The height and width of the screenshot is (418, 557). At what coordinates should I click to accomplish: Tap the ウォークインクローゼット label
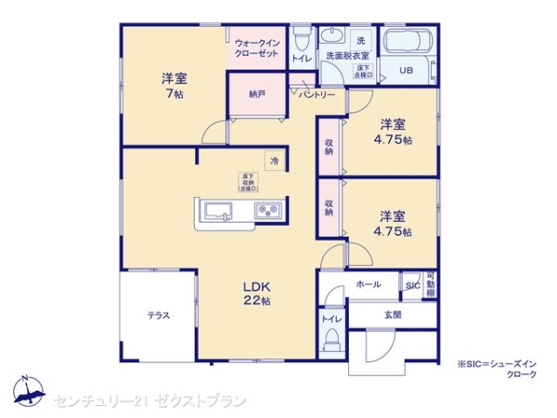256,47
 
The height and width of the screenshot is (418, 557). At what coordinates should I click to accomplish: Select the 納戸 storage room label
255,94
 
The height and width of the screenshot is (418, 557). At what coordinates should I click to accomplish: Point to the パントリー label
316,94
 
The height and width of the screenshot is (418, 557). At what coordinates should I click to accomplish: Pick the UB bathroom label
406,71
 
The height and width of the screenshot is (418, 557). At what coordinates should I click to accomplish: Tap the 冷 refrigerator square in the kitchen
274,161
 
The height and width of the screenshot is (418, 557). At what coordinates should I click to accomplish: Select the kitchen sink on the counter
219,210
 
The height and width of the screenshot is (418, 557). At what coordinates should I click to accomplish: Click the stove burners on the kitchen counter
270,211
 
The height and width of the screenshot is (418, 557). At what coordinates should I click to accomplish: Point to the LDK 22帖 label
257,294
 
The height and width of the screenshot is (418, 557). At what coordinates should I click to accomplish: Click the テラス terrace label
158,316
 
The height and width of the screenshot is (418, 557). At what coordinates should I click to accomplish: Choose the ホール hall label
368,284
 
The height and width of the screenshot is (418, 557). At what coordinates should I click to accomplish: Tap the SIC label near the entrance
411,285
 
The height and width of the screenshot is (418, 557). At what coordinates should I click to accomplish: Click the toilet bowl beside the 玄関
330,345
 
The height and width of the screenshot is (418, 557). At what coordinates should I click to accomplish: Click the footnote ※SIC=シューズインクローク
496,368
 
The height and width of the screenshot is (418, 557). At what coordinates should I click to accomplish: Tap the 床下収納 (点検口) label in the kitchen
248,181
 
